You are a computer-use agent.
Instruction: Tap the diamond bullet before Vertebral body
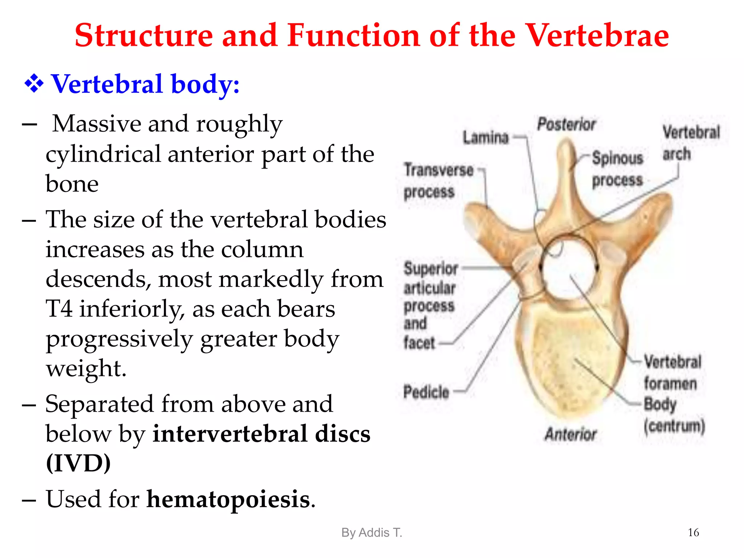[x=34, y=84]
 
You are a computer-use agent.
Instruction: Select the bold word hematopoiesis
[x=228, y=499]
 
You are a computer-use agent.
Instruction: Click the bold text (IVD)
[x=78, y=463]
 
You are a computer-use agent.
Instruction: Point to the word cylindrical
[x=103, y=154]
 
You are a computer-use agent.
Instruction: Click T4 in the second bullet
[x=59, y=309]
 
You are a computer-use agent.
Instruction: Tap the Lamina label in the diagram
[x=485, y=138]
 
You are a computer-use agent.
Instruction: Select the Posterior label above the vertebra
[x=566, y=124]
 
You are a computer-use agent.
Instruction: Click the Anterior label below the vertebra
[x=570, y=434]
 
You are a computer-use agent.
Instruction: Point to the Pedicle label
[x=426, y=392]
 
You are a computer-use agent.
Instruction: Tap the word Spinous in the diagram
[x=617, y=158]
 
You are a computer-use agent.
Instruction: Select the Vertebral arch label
[x=691, y=143]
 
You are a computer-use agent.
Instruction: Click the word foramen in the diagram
[x=670, y=384]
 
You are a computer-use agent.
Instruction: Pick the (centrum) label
[x=674, y=426]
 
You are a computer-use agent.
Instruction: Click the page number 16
[x=693, y=533]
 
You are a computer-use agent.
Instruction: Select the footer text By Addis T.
[x=372, y=533]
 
